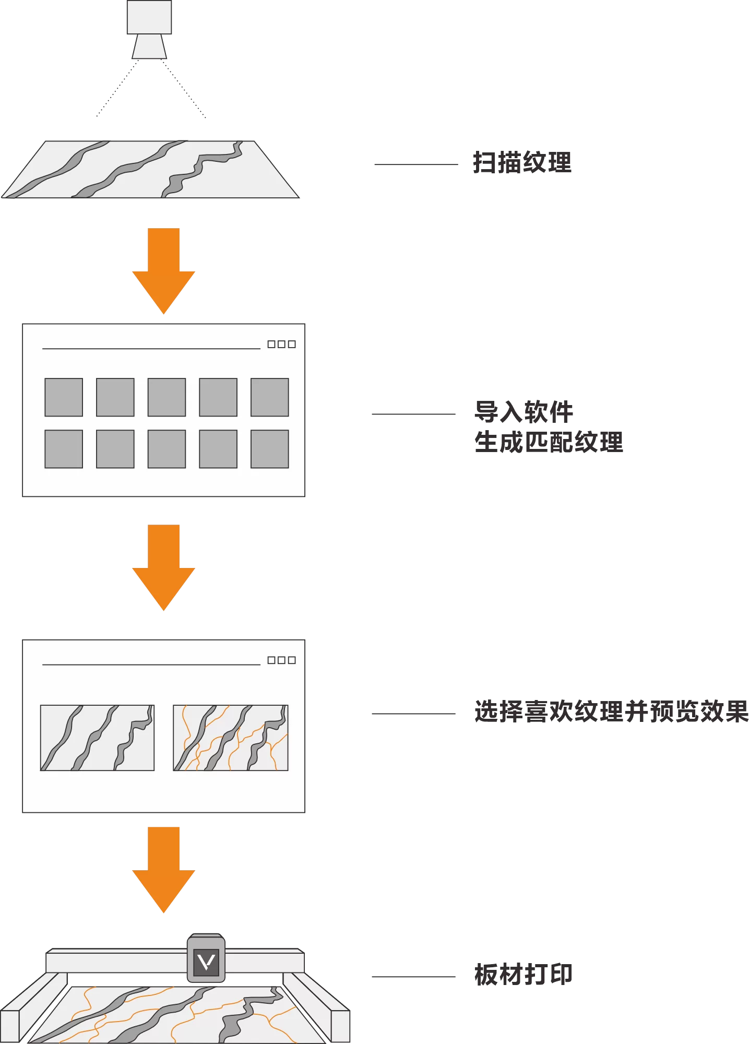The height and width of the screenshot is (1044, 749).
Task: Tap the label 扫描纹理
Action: [522, 162]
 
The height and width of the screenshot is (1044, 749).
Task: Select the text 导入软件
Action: [524, 412]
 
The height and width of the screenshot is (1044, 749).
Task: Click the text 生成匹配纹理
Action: [549, 442]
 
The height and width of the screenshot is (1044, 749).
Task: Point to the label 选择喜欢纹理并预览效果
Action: [611, 711]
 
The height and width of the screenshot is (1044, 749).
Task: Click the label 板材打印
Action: [523, 975]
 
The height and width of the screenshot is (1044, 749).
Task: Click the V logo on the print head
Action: [206, 962]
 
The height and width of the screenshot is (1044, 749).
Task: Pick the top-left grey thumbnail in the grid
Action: [64, 397]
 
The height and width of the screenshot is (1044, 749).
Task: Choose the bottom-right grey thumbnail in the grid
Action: [270, 449]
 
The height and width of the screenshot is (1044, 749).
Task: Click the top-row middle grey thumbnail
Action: [167, 397]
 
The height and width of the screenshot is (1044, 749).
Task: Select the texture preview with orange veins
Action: [231, 738]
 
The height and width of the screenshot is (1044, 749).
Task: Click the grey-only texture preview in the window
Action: [98, 738]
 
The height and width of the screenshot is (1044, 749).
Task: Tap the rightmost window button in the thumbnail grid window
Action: [292, 344]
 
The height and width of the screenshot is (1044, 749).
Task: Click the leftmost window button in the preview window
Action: [271, 660]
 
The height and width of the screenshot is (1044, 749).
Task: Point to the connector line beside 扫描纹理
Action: [416, 164]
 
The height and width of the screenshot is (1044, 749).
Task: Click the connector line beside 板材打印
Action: [413, 977]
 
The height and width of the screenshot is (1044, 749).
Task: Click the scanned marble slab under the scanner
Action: [150, 169]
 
